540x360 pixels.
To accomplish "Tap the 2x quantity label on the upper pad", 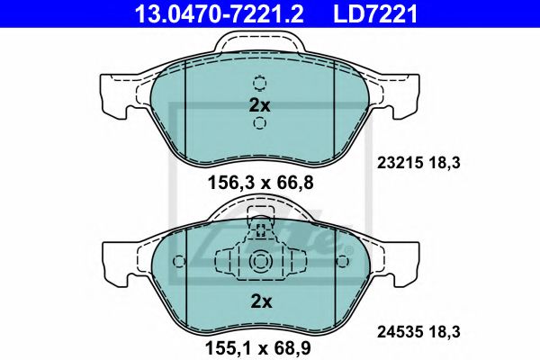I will pos(259,105).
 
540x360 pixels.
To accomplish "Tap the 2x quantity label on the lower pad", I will pos(259,301).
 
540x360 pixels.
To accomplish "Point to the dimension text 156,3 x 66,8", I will pos(259,184).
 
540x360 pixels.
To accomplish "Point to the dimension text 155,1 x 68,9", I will pos(259,345).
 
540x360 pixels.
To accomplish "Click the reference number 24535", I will pos(393,334).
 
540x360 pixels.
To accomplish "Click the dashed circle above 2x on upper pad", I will pos(259,84).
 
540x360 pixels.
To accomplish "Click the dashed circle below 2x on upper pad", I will pos(259,128).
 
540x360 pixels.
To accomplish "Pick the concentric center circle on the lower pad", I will pos(259,262).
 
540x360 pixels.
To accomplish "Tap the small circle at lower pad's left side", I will pos(178,262).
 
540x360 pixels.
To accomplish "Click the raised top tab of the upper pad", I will pos(259,40).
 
